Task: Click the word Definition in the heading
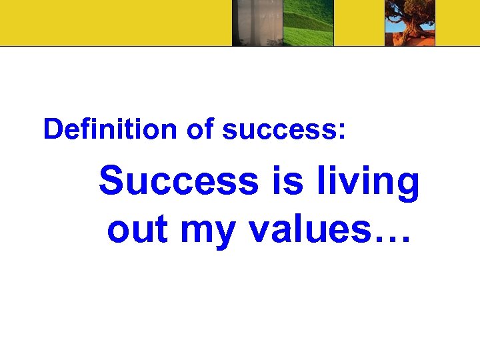[111, 129]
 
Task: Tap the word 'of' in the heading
[199, 129]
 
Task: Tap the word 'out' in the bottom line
[137, 229]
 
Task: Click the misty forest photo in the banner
[257, 23]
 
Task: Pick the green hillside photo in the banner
[308, 23]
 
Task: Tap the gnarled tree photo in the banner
[410, 24]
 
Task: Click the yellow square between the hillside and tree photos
[359, 23]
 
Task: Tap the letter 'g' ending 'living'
[407, 187]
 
